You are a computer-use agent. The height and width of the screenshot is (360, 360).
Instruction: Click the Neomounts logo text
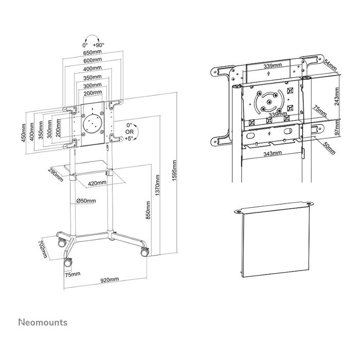click(x=43, y=322)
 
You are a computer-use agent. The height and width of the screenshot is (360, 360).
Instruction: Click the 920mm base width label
click(x=110, y=280)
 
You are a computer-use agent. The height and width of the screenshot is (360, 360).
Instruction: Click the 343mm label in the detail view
click(x=274, y=153)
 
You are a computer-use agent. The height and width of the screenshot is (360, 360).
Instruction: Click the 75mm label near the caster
click(x=73, y=275)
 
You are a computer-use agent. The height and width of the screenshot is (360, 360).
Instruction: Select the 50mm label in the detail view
click(x=329, y=148)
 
